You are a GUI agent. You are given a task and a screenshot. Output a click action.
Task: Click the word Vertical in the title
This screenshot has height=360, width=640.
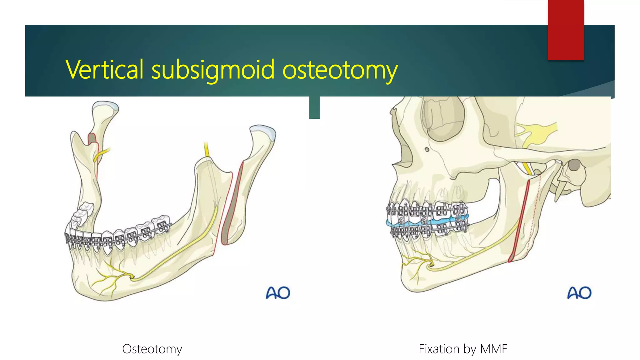[105, 69]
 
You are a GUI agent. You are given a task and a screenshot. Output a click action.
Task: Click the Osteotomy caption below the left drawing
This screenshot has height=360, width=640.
[152, 349]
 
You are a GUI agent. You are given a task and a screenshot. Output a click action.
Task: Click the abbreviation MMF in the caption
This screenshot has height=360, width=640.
[493, 349]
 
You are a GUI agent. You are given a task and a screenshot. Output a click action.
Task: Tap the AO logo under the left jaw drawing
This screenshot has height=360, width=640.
[278, 293]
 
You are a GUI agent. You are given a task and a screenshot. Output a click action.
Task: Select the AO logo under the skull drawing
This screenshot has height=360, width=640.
[579, 293]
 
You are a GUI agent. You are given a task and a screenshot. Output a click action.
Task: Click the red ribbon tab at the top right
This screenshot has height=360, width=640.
[566, 30]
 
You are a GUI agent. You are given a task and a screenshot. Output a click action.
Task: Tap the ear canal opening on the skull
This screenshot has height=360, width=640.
[574, 165]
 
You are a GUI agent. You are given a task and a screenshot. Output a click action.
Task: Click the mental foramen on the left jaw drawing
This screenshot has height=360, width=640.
[132, 277]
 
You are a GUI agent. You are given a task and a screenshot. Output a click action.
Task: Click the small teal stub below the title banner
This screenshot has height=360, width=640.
[315, 108]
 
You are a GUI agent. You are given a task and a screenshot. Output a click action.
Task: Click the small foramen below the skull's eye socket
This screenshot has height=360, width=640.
[427, 150]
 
